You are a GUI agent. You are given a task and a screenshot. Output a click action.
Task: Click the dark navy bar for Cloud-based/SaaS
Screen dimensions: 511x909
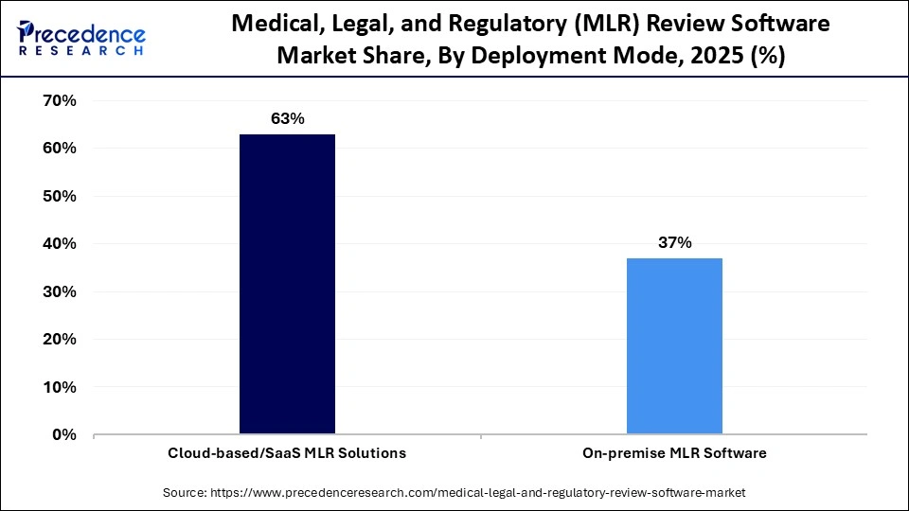coord(287,284)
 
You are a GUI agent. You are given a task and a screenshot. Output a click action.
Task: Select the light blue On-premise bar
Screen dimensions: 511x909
coord(674,346)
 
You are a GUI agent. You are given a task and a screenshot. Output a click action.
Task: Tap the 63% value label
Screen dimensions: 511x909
coord(287,119)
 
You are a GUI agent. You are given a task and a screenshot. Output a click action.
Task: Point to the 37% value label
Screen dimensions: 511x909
coord(674,243)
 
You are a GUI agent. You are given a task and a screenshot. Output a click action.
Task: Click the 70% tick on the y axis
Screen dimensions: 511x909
coord(60,100)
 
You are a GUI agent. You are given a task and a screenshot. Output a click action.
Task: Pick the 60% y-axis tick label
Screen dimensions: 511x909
coord(60,149)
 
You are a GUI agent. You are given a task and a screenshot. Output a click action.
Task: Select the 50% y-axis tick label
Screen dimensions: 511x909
coord(60,196)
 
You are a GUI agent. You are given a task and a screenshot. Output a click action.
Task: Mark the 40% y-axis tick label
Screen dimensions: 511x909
coord(60,244)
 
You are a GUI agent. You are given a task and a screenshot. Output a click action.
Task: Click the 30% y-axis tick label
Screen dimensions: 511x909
coord(60,291)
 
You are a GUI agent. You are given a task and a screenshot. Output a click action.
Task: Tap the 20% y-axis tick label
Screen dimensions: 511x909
coord(60,340)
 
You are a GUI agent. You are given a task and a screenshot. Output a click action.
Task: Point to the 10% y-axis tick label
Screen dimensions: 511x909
coord(60,387)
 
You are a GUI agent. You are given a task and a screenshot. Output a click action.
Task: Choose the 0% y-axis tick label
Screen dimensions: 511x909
coord(64,435)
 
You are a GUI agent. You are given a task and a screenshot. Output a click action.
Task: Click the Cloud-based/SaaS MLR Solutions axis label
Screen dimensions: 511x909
coord(288,453)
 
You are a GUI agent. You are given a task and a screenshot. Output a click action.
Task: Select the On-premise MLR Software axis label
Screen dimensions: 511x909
coord(674,453)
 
